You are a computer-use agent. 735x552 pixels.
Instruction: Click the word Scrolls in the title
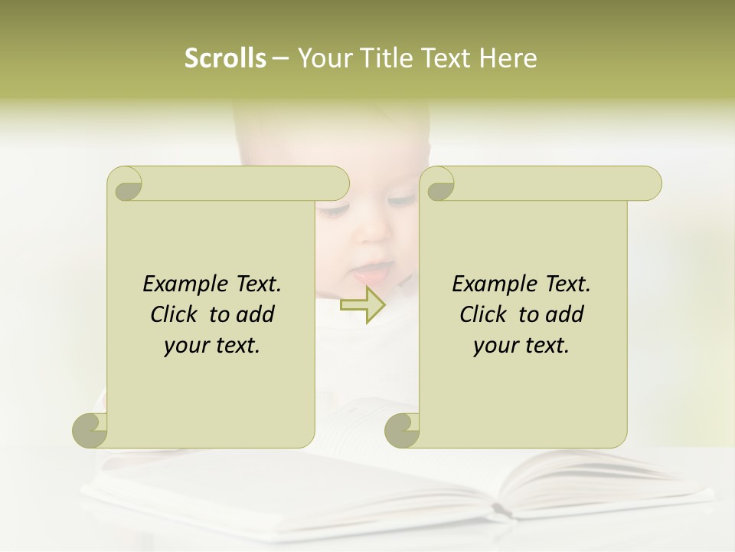[x=226, y=58]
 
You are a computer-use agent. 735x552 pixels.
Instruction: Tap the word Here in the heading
[x=508, y=58]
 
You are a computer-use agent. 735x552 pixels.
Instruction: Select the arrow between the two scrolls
[x=363, y=304]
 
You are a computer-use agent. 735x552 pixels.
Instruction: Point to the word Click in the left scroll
[x=175, y=315]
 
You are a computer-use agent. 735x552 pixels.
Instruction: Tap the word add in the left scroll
[x=256, y=315]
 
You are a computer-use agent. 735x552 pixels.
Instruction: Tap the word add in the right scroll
[x=565, y=315]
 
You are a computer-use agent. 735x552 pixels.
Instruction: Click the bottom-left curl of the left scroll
[x=90, y=431]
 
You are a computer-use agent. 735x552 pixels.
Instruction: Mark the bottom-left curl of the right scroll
[x=402, y=431]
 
